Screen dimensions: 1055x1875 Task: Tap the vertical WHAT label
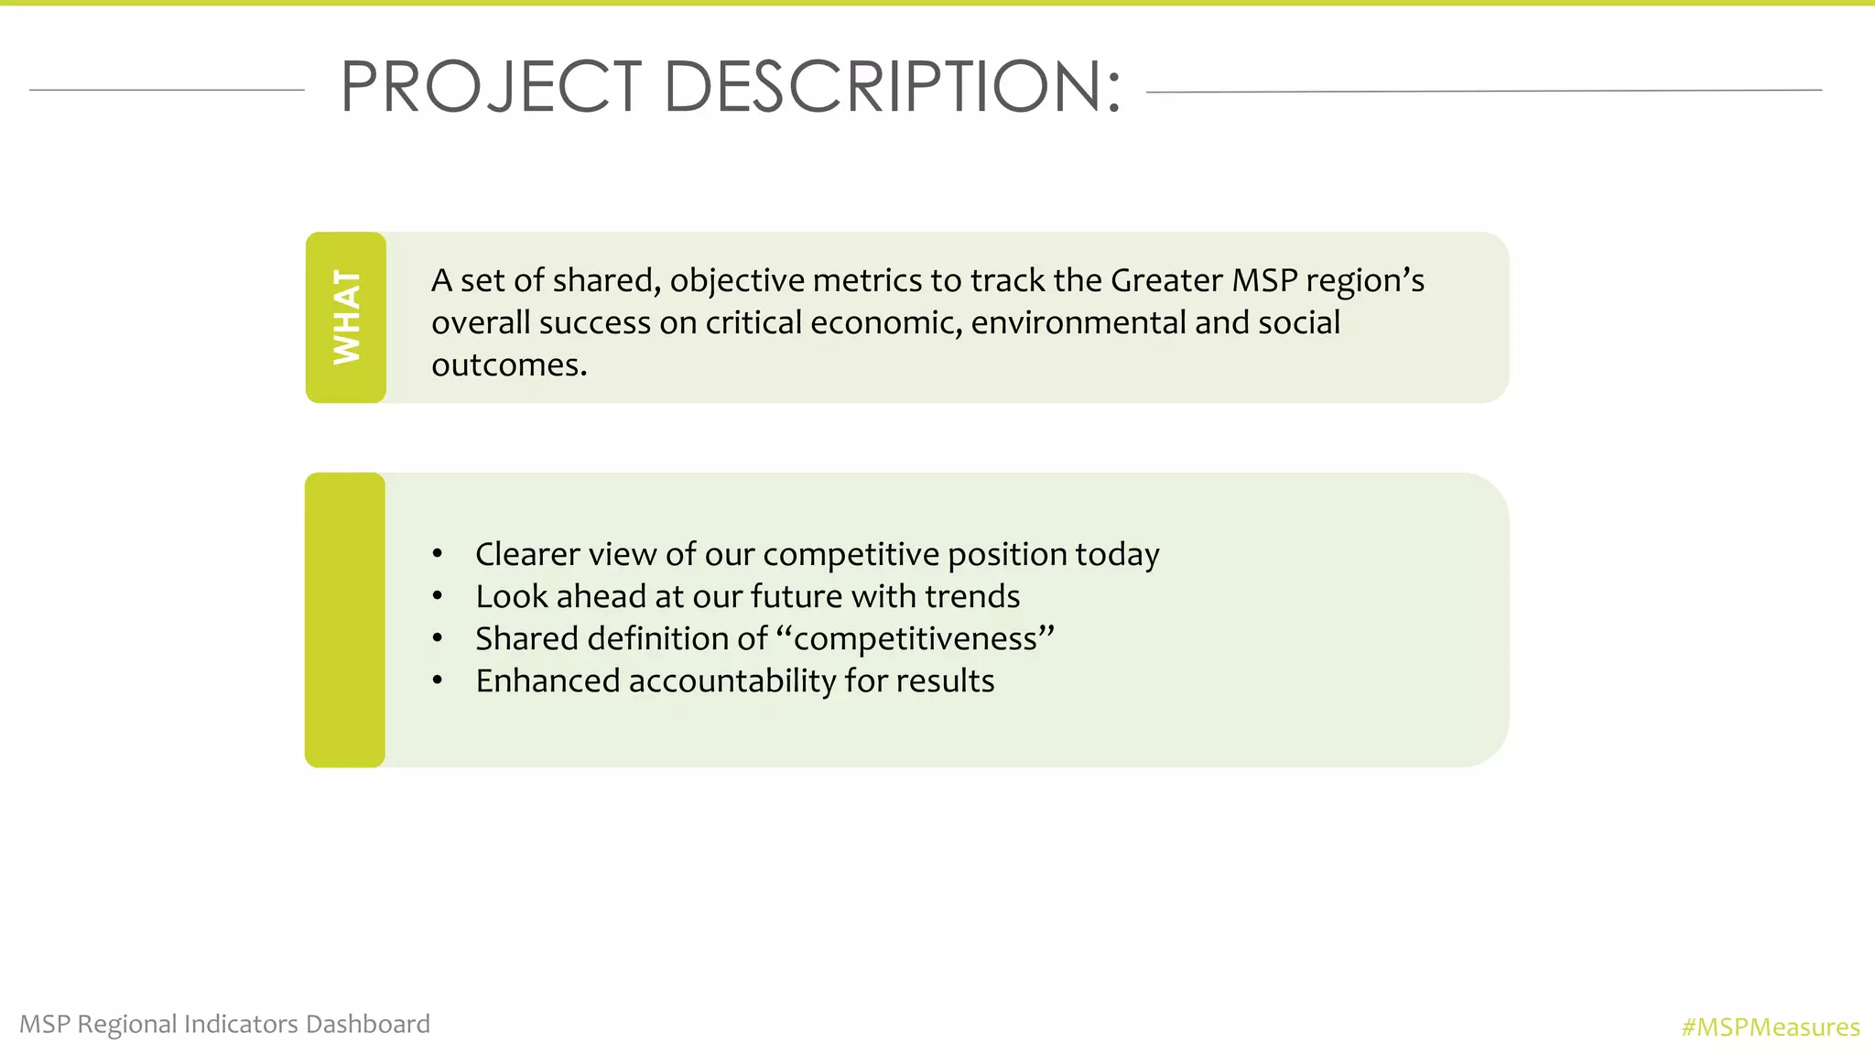(x=346, y=317)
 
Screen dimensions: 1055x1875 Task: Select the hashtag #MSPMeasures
(x=1770, y=1028)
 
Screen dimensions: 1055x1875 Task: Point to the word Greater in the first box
(x=1165, y=280)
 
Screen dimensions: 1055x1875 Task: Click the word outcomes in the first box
(x=508, y=365)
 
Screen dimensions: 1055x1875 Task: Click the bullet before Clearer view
(x=438, y=554)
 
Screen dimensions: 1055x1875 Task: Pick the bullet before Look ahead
(x=438, y=597)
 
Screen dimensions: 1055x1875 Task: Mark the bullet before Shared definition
(x=438, y=639)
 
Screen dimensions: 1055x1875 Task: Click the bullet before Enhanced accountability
(x=438, y=681)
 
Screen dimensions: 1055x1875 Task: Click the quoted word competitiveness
(x=915, y=639)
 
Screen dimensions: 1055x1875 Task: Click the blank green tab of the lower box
(x=345, y=620)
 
